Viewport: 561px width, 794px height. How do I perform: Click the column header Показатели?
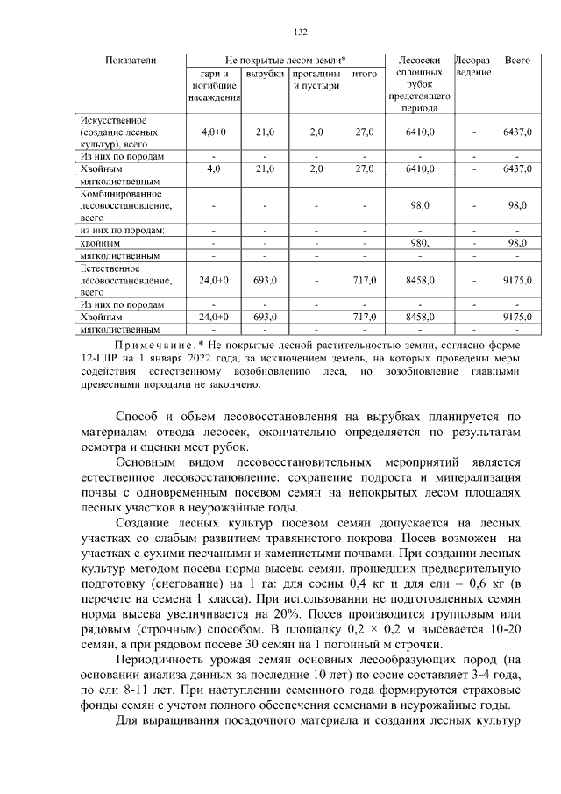tap(131, 60)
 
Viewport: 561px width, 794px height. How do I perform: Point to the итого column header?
tap(364, 74)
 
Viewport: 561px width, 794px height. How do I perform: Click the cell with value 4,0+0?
tap(214, 132)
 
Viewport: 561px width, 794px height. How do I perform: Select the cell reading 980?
tap(420, 241)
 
